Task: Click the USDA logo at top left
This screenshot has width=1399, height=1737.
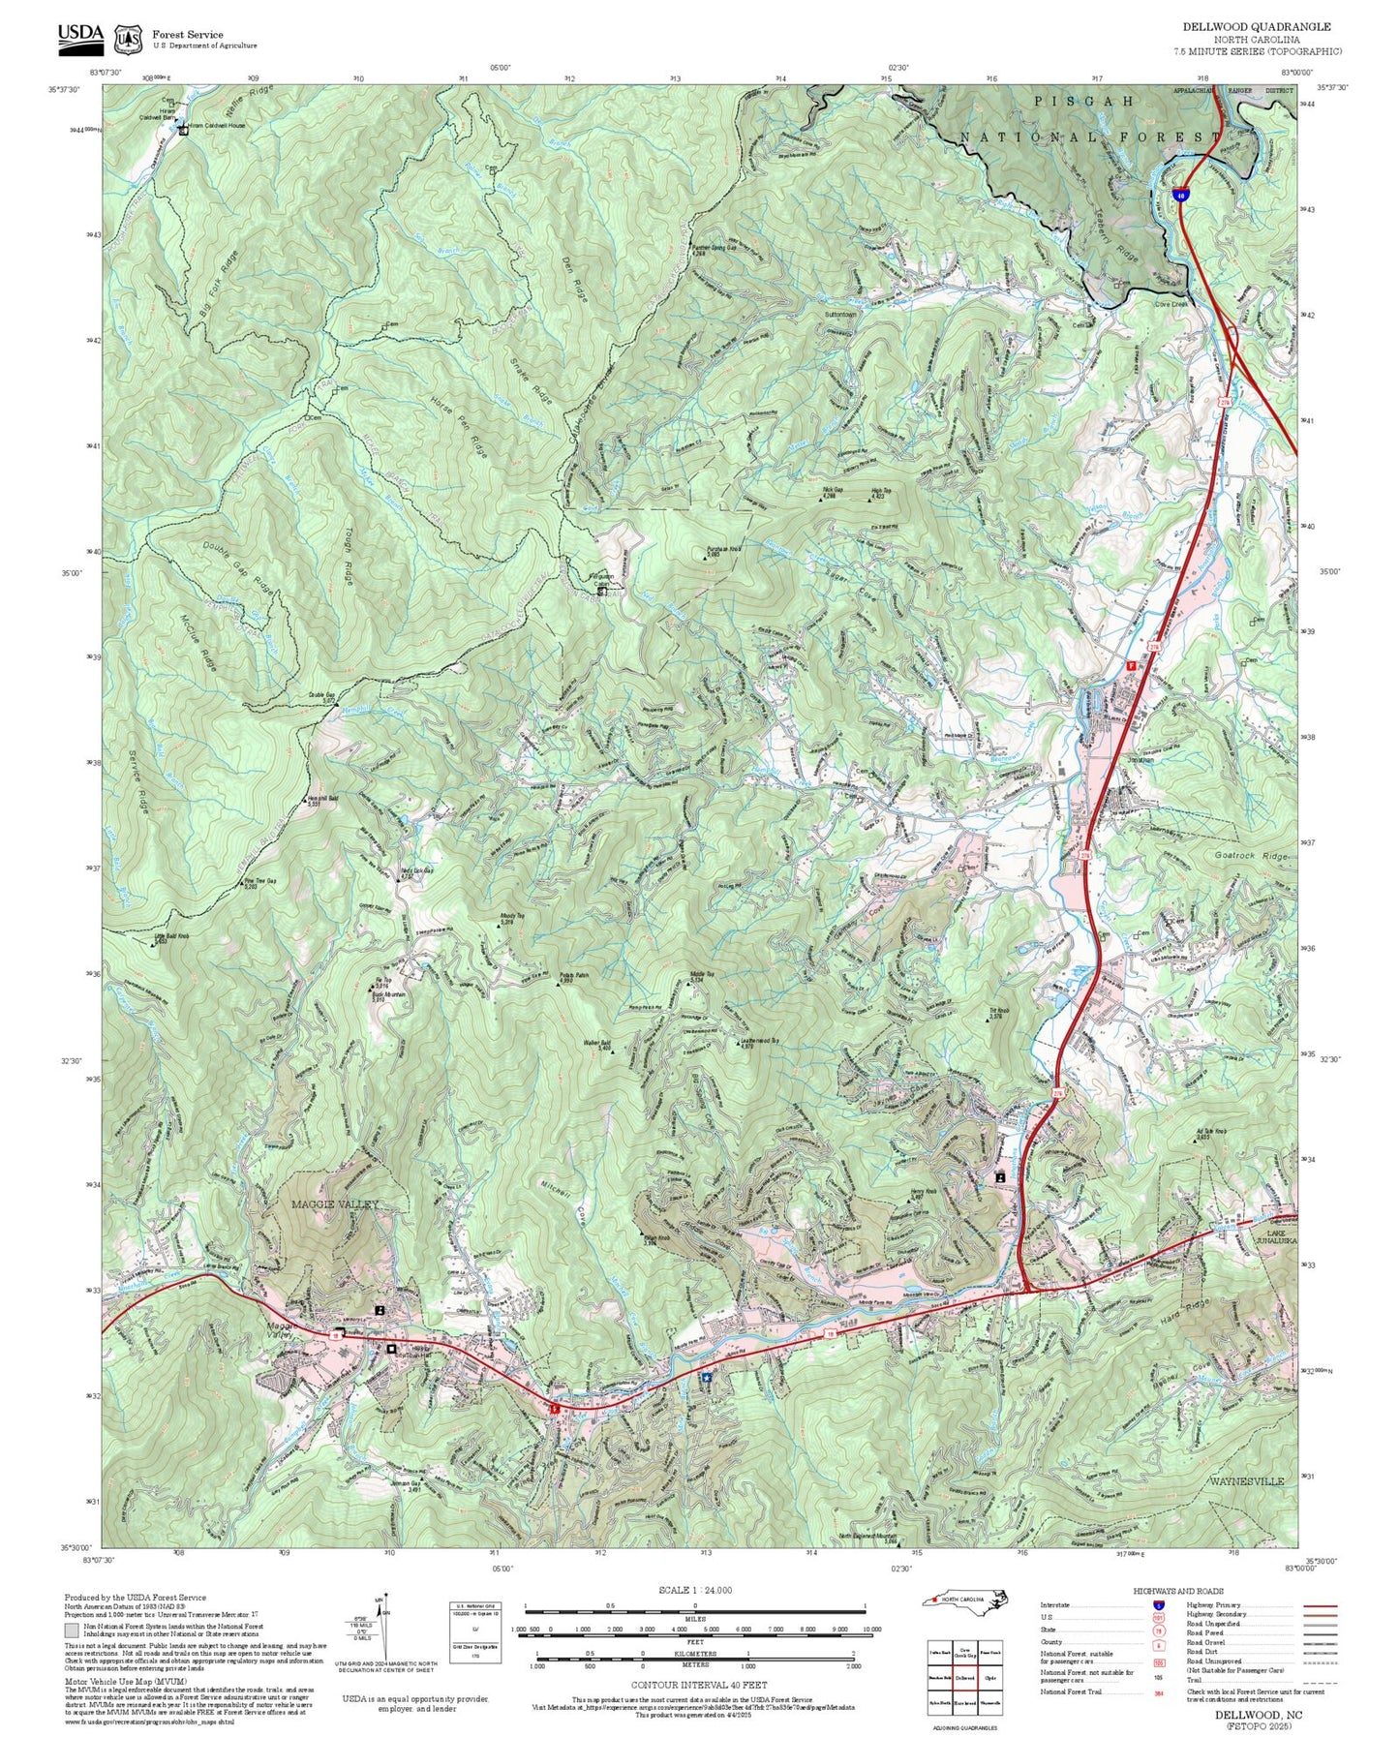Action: click(80, 37)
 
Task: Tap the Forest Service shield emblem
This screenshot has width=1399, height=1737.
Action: click(128, 39)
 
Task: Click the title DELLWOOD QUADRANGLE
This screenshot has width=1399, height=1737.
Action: click(1257, 27)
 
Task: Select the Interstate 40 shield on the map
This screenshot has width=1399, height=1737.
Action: click(1180, 194)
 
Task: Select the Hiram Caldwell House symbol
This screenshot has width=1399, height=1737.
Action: click(183, 130)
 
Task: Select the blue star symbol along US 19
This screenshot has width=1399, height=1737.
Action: click(707, 1377)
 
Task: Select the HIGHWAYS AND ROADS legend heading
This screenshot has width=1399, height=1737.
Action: click(1178, 1590)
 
